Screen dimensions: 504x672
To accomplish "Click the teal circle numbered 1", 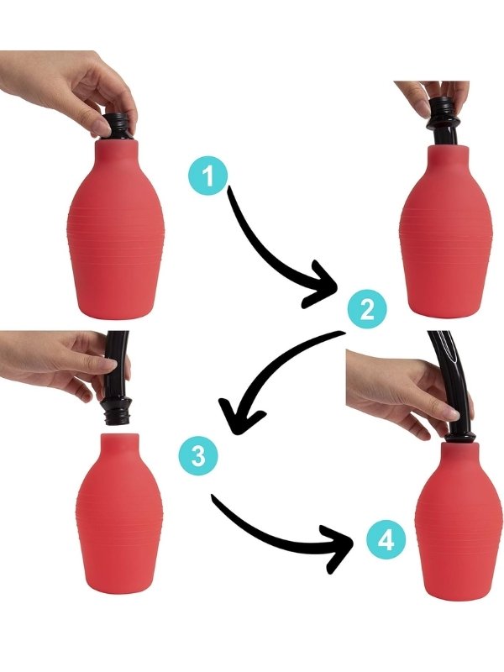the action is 208,176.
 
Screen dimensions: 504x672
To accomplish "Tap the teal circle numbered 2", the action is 367,309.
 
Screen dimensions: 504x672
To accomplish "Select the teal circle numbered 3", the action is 198,455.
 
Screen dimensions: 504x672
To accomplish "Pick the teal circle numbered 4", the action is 386,540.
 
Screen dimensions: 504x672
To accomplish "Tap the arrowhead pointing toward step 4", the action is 339,549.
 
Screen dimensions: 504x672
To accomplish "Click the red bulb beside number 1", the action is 115,229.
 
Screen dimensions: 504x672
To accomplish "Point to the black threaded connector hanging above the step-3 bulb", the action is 115,412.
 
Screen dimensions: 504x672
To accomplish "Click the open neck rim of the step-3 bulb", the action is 120,435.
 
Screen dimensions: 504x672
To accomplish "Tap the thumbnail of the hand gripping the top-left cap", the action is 101,128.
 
